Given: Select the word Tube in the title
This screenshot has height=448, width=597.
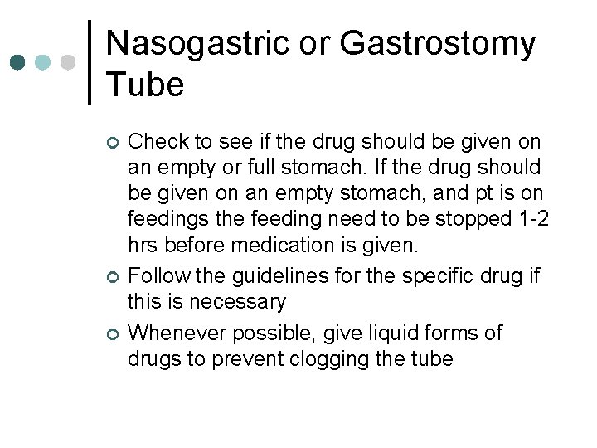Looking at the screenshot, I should (x=145, y=85).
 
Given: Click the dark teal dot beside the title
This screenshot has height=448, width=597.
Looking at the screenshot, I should (x=17, y=63).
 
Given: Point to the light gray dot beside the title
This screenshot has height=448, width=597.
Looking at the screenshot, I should (x=70, y=63).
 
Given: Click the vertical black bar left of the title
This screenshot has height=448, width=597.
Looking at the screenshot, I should (x=89, y=63).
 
